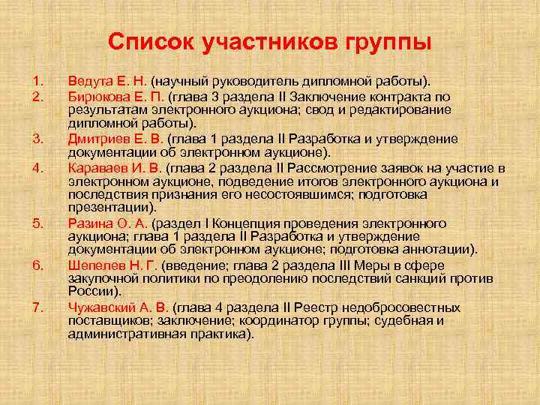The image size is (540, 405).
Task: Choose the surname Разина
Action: tap(87, 223)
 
